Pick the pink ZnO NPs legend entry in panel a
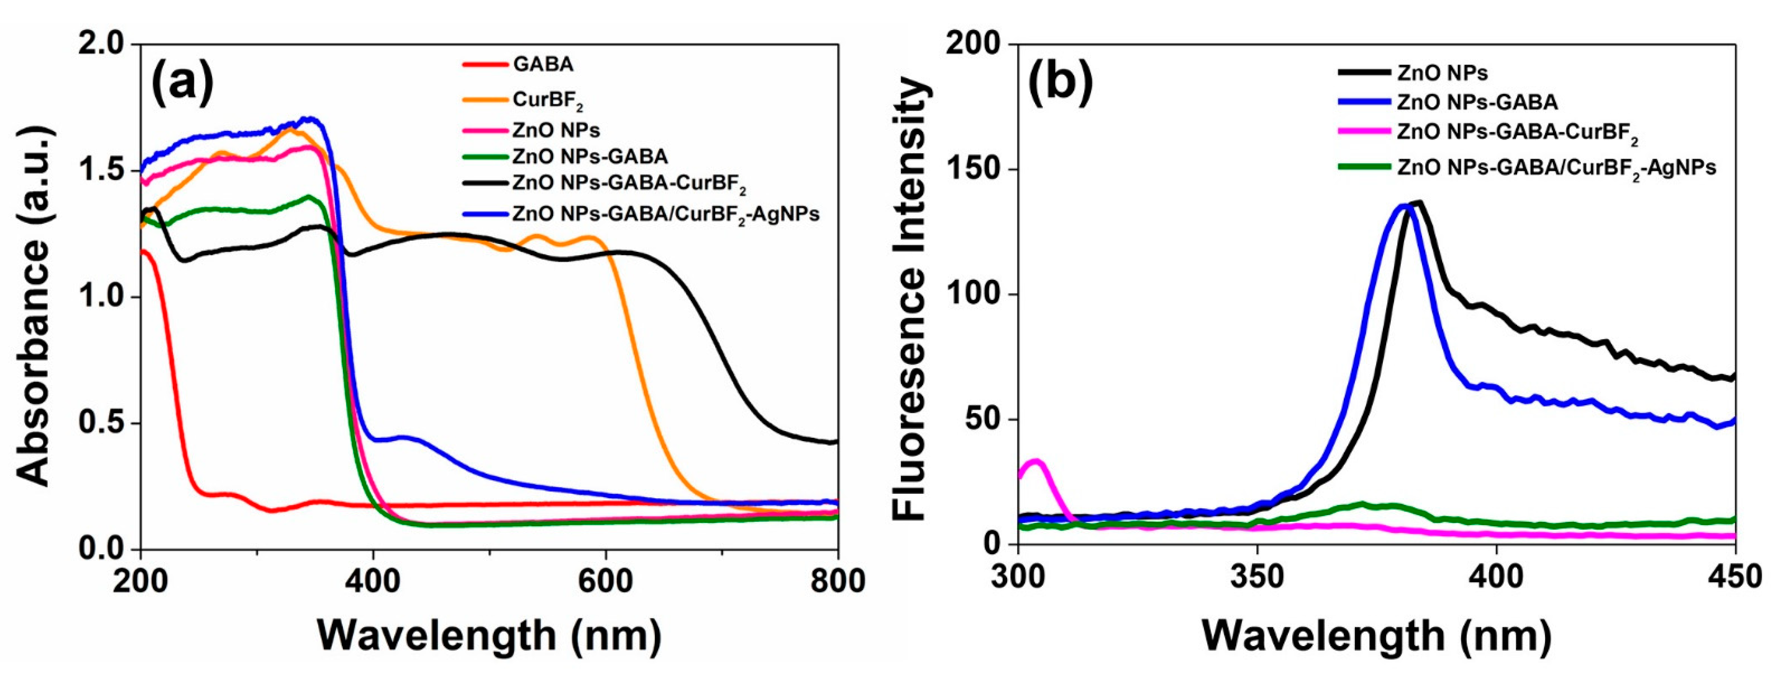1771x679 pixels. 556,129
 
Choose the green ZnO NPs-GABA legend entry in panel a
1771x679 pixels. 589,157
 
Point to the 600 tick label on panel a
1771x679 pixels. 605,581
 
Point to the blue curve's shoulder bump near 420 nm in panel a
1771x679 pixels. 404,437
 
